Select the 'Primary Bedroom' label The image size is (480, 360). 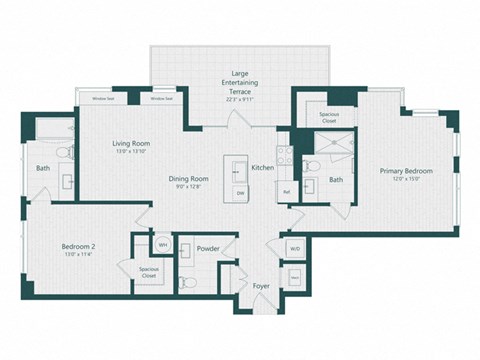coord(405,171)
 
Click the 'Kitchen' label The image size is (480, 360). coord(263,167)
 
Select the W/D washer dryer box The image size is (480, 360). coord(295,248)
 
